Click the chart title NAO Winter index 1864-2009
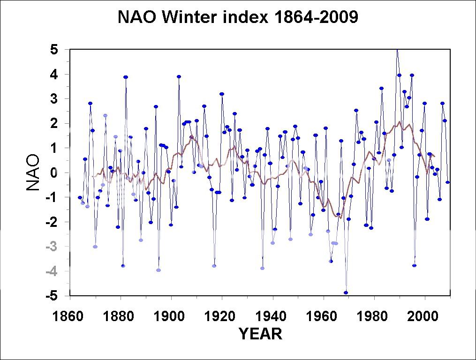(x=238, y=17)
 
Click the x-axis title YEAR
(x=260, y=334)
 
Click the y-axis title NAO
(x=33, y=173)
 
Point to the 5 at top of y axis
(x=54, y=50)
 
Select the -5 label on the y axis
(x=53, y=296)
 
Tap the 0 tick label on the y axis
(x=54, y=173)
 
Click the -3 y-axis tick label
(x=53, y=247)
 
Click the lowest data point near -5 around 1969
(x=346, y=292)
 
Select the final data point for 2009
(x=447, y=182)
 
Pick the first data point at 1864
(x=80, y=197)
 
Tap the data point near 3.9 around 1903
(x=179, y=77)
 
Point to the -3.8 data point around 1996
(x=415, y=266)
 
